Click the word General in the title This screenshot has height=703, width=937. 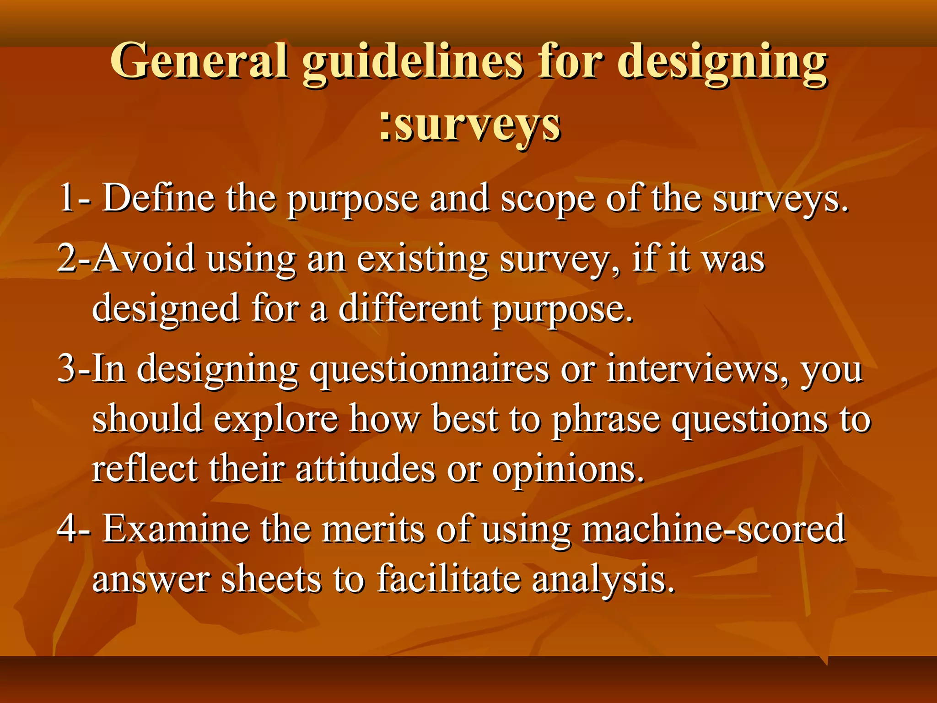[199, 61]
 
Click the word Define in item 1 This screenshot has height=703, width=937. [158, 198]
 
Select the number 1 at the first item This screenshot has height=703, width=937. [67, 198]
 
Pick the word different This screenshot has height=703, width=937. [409, 308]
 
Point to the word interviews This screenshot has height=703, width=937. [698, 368]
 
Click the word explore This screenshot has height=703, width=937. [276, 419]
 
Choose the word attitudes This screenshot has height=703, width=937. [365, 469]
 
